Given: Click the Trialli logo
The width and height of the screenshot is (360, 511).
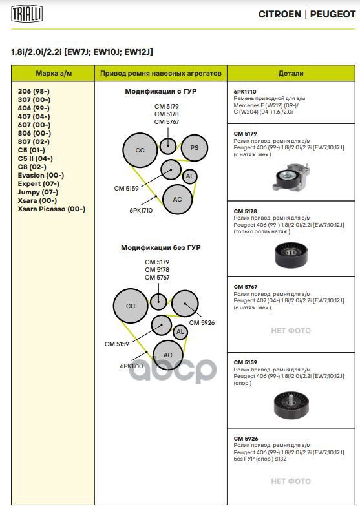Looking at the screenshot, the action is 26,14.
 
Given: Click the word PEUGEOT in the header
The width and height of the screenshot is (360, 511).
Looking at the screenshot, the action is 333,14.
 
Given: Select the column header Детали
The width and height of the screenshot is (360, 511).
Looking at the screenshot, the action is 291,74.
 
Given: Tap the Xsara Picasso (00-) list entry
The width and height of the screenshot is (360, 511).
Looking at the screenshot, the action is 52,209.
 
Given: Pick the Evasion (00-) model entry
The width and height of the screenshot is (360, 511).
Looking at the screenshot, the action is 41,175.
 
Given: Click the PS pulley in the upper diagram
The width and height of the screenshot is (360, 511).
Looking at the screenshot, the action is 195,148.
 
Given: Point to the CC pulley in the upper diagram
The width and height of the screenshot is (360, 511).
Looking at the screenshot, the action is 140,151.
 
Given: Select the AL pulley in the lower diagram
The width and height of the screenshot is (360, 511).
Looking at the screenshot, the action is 180,332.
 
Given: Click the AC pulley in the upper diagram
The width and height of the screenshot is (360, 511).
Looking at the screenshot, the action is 177,200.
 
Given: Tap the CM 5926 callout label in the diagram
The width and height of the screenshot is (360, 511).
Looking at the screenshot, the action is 202,322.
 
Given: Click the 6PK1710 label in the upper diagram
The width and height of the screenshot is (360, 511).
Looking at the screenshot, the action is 141,210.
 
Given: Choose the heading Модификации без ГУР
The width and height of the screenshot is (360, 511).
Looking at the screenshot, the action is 161,247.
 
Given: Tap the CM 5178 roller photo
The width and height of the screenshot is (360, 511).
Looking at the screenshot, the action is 291,254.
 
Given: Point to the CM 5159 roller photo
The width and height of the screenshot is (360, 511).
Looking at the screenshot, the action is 291,404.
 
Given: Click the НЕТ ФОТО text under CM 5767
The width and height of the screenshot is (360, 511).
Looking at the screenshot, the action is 291,331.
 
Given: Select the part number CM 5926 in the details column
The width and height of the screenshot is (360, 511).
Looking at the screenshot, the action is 246,439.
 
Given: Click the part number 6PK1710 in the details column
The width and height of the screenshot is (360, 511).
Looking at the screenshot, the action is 245,92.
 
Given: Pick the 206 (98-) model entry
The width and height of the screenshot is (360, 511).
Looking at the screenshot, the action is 34,91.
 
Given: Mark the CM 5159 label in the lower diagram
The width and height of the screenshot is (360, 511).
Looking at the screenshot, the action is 117,344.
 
